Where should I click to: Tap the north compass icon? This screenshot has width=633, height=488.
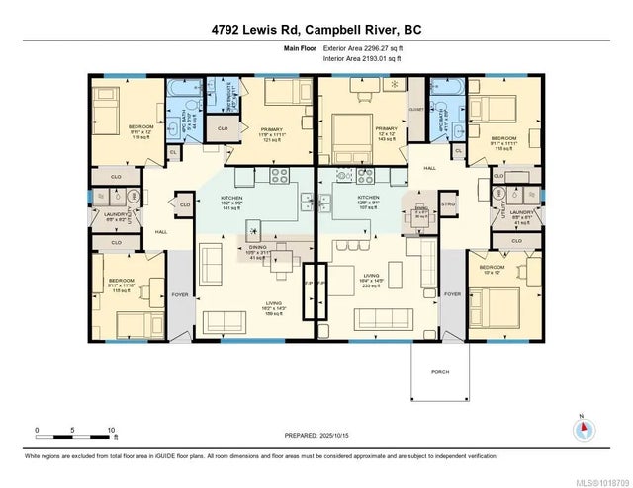(584, 429)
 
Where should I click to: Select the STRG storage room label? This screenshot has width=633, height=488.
(446, 205)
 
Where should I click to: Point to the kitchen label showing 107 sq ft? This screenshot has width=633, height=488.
(368, 202)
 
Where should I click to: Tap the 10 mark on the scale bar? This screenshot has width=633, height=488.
(111, 430)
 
